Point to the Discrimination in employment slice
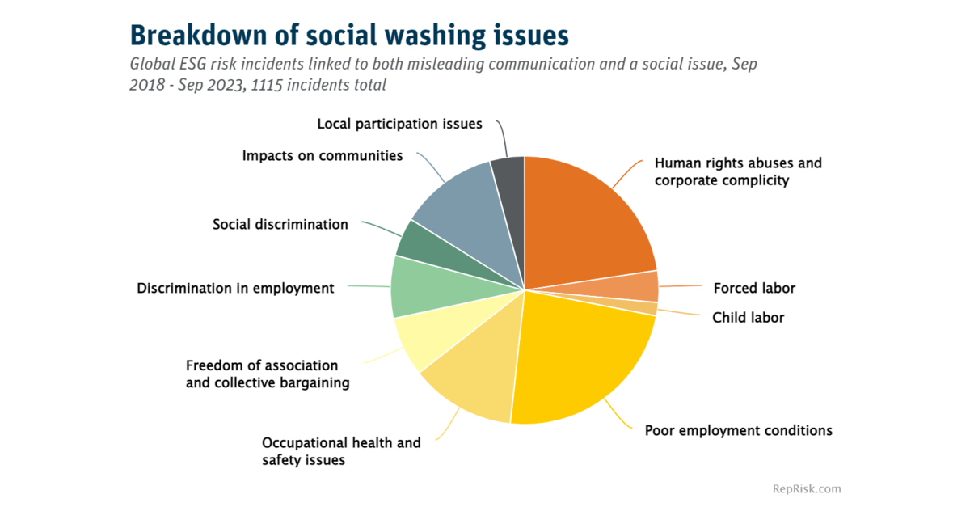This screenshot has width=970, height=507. [420, 287]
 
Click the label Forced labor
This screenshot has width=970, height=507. [754, 289]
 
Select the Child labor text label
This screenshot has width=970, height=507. [748, 318]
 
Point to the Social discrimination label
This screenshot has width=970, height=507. [280, 225]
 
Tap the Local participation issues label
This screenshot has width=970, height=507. [399, 125]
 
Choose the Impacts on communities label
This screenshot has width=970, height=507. [323, 156]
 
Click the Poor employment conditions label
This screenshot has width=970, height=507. [738, 430]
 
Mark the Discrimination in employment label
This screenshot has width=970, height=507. [235, 289]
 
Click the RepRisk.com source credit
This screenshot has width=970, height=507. [807, 488]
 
